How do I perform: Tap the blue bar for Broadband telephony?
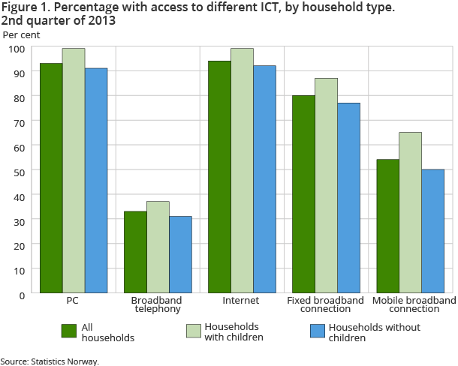(x=180, y=255)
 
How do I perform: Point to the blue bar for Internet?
(x=264, y=179)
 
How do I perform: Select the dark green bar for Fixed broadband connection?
(x=303, y=194)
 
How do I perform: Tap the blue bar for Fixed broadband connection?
(x=348, y=198)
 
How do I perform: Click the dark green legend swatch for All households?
(x=69, y=331)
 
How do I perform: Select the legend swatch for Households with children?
(x=193, y=331)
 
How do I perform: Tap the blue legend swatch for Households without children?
(x=318, y=331)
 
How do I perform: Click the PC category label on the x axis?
(x=73, y=300)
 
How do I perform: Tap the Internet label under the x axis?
(x=241, y=300)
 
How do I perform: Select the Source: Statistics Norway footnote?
(x=50, y=361)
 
